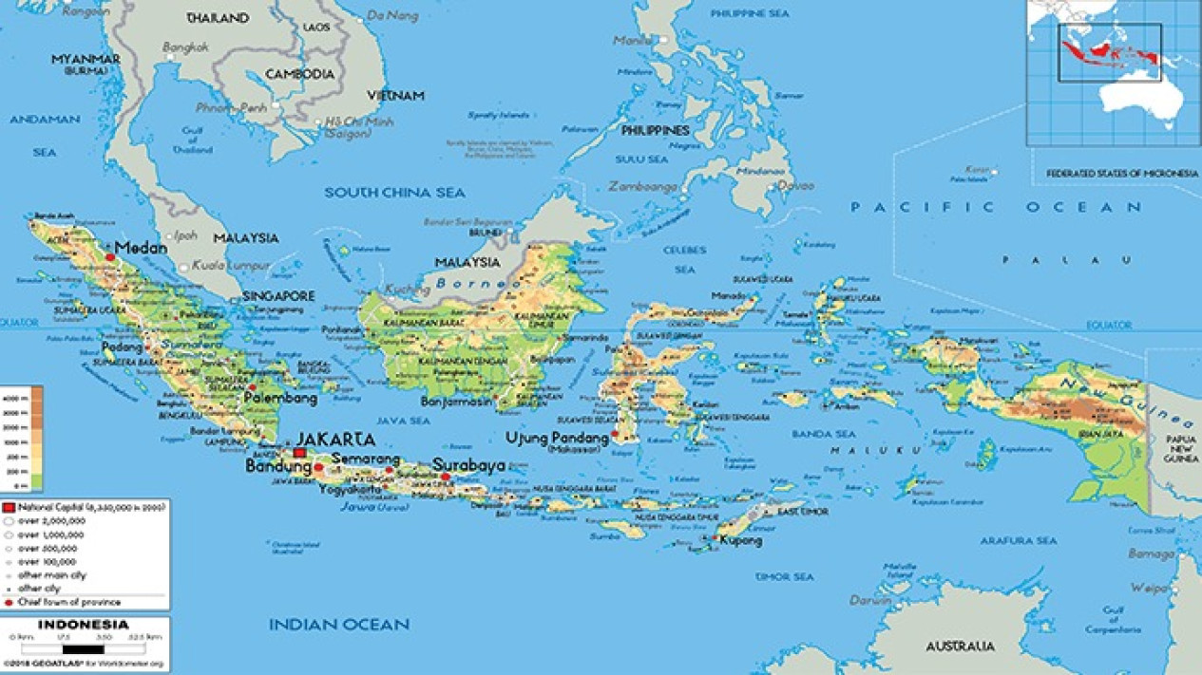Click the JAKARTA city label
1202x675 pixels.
click(x=334, y=440)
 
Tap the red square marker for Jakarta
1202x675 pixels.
click(x=300, y=453)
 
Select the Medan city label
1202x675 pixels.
click(x=141, y=248)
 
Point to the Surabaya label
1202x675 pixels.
click(x=468, y=465)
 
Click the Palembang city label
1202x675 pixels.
click(x=279, y=399)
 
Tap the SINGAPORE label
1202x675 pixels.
click(x=277, y=296)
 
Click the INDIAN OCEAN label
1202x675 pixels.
click(x=338, y=624)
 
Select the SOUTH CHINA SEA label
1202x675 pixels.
click(x=394, y=193)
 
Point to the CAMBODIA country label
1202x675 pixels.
click(x=299, y=73)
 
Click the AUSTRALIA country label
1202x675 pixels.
click(x=960, y=647)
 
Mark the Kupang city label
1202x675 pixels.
click(x=741, y=540)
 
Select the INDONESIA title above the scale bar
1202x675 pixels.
click(x=84, y=625)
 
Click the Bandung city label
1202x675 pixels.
click(x=277, y=466)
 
